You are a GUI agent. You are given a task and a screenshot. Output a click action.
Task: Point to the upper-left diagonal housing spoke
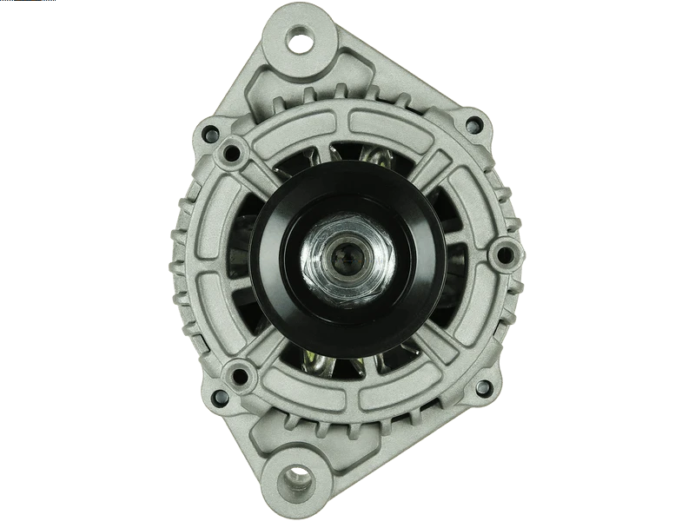261,178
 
